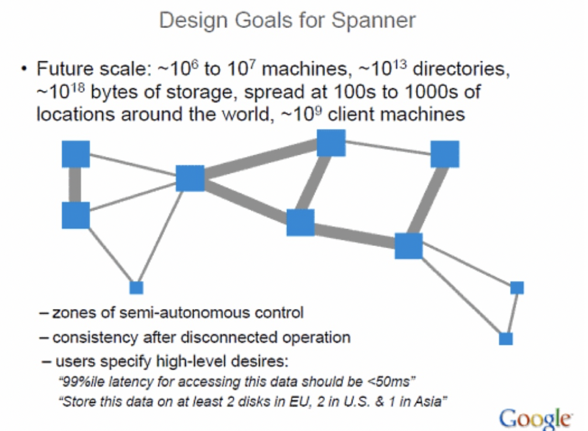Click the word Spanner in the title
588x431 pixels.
click(373, 20)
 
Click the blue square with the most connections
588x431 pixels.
click(190, 178)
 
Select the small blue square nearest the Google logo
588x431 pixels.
click(506, 339)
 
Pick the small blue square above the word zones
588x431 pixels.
click(136, 287)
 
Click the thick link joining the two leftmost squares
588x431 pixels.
click(75, 185)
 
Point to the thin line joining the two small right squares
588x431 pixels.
click(512, 314)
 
